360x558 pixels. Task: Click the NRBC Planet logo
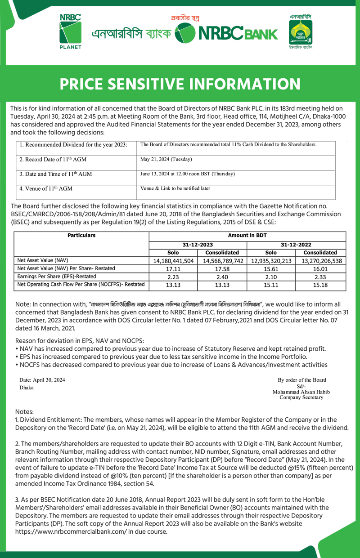(x=71, y=31)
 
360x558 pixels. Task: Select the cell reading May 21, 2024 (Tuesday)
(x=166, y=159)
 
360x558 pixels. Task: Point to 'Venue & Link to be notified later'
(x=175, y=188)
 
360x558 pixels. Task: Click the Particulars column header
(x=81, y=235)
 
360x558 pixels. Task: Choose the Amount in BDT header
(x=247, y=235)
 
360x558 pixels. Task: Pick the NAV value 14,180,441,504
(x=173, y=261)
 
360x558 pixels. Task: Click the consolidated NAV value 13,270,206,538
(x=321, y=261)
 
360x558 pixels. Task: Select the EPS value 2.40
(x=223, y=277)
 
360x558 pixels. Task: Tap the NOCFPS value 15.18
(x=321, y=285)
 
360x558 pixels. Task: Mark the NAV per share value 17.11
(x=173, y=269)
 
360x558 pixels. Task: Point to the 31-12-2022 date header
(x=297, y=244)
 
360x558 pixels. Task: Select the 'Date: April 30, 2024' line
(x=42, y=380)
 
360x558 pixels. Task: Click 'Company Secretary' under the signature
(x=301, y=397)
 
